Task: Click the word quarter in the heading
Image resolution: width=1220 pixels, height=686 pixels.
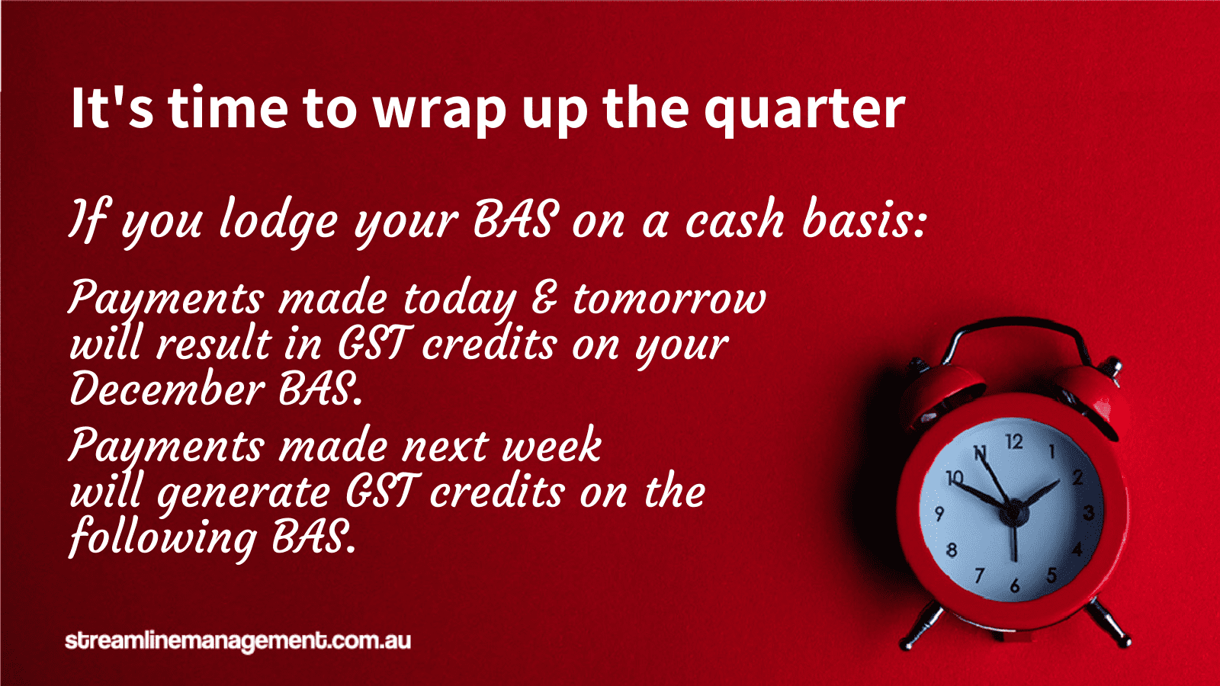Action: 804,109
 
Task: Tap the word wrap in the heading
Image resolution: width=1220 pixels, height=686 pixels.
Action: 439,111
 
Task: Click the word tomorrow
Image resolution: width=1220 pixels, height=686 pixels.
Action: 669,299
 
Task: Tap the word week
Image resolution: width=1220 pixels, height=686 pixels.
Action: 552,445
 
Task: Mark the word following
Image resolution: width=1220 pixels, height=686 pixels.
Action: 163,538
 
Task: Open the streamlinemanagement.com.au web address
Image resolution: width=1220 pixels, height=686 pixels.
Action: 237,641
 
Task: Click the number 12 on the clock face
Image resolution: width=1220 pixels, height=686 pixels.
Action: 1013,441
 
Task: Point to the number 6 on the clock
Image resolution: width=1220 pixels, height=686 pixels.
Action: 1014,585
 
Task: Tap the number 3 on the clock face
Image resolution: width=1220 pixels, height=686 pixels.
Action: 1089,512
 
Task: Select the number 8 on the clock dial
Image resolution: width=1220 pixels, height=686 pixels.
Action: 952,550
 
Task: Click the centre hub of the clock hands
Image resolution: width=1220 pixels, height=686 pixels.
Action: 1013,512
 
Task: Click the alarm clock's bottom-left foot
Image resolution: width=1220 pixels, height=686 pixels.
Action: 923,626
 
